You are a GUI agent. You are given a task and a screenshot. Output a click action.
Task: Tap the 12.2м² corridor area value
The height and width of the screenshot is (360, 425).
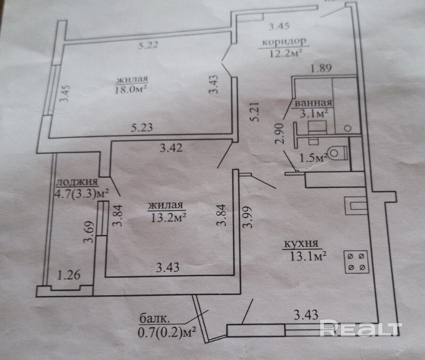pos(286,53)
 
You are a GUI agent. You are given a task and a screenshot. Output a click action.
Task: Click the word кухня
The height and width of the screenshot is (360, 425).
pos(302,244)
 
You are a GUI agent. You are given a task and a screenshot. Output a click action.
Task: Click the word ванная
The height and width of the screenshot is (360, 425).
pos(313,103)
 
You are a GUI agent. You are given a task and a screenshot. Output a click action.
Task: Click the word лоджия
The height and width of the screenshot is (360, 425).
pos(76,183)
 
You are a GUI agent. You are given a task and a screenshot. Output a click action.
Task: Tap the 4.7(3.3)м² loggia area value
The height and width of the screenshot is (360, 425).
pos(82,193)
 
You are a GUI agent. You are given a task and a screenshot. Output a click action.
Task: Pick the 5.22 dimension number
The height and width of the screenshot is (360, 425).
pos(148,46)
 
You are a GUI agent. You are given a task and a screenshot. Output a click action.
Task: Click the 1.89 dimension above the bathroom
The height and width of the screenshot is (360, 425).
pos(321,68)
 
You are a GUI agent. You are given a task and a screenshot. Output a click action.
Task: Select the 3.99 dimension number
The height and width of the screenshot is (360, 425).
pos(247,218)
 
